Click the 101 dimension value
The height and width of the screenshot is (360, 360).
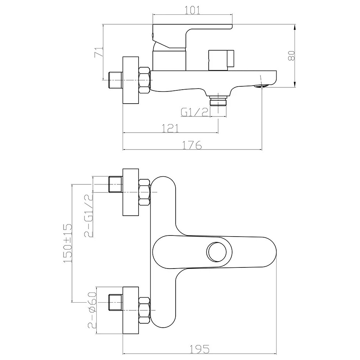pyautogui.click(x=192, y=10)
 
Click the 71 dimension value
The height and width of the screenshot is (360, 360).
pyautogui.click(x=99, y=52)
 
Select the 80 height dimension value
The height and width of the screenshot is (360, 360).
pyautogui.click(x=291, y=55)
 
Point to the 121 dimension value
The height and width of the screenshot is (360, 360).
pyautogui.click(x=170, y=129)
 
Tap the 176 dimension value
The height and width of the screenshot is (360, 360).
pyautogui.click(x=192, y=145)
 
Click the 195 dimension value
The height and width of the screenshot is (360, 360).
pyautogui.click(x=200, y=349)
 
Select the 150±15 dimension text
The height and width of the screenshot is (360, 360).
pyautogui.click(x=68, y=244)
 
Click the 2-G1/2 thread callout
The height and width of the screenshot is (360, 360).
pyautogui.click(x=89, y=216)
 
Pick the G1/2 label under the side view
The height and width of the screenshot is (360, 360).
pyautogui.click(x=194, y=112)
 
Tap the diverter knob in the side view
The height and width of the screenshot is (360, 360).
pyautogui.click(x=221, y=60)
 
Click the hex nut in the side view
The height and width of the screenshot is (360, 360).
pyautogui.click(x=145, y=80)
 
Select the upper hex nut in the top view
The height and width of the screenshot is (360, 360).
pyautogui.click(x=145, y=192)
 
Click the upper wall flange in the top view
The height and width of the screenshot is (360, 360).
pyautogui.click(x=131, y=192)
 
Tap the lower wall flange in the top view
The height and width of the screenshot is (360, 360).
pyautogui.click(x=131, y=310)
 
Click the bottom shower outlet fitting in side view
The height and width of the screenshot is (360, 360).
pyautogui.click(x=218, y=100)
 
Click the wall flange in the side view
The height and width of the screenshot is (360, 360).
pyautogui.click(x=131, y=80)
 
